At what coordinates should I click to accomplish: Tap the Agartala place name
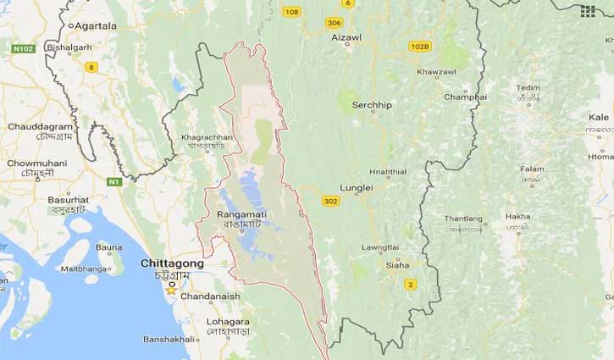96,26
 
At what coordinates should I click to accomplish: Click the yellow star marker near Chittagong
171,289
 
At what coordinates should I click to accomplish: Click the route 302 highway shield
330,201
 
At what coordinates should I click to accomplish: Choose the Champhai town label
465,97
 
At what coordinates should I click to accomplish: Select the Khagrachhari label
207,136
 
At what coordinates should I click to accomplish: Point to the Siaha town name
397,265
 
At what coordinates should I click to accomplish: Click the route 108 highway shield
292,12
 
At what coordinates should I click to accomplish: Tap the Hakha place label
518,217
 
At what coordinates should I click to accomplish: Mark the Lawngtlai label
379,246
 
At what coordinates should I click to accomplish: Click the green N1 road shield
114,180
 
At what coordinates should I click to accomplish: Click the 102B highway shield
419,46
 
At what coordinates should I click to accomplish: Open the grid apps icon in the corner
588,11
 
